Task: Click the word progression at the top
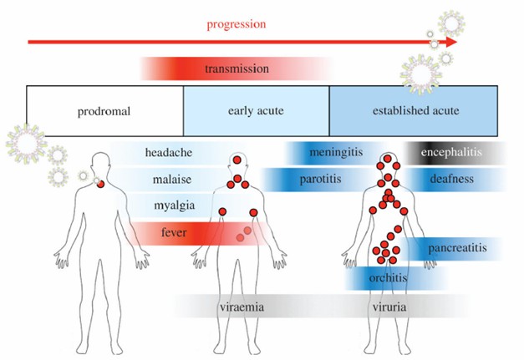point(237,23)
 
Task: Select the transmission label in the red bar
point(237,68)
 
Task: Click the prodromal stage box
point(104,110)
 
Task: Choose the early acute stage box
point(256,110)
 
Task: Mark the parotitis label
point(318,179)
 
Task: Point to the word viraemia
point(242,307)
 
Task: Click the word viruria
point(389,307)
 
